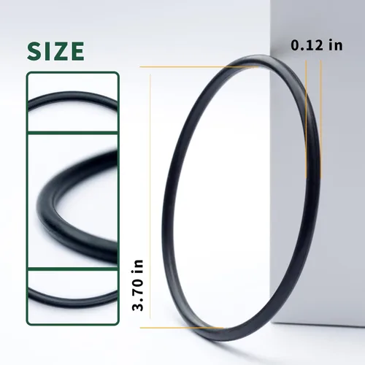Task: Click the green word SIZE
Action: (x=55, y=51)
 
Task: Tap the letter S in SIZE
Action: (x=34, y=51)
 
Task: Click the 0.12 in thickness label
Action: (x=317, y=45)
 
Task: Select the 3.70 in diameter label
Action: (x=138, y=285)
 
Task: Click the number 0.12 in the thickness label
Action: (x=307, y=45)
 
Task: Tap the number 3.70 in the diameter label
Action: (x=138, y=293)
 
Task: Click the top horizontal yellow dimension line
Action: (x=199, y=66)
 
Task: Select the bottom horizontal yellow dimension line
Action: (x=182, y=328)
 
